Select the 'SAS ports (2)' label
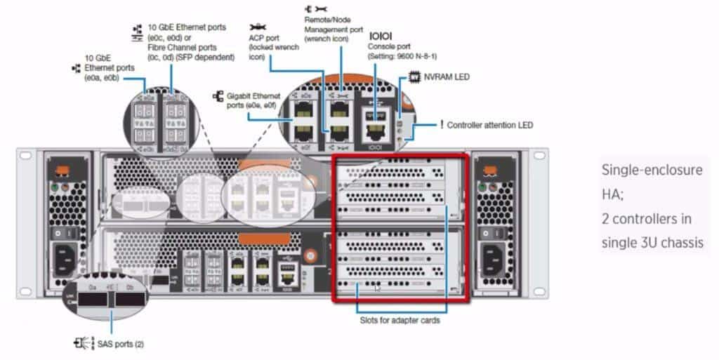click(120, 344)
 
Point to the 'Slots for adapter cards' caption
click(399, 321)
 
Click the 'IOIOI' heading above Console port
click(380, 34)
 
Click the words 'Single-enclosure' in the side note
click(651, 171)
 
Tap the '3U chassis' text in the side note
click(669, 243)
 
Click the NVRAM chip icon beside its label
click(414, 76)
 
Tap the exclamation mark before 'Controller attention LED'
click(442, 125)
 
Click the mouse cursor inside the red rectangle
click(378, 287)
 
